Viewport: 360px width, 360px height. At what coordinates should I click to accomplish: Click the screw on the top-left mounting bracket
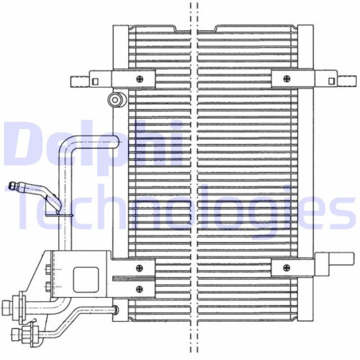140,79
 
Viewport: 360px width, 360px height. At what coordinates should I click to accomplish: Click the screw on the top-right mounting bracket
286,79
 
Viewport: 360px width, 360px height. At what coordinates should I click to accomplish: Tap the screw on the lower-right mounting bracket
286,268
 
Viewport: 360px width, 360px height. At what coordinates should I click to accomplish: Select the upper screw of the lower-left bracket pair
140,268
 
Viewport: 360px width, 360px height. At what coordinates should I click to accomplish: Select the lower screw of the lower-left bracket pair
140,288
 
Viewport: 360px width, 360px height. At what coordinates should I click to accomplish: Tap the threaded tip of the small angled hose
14,186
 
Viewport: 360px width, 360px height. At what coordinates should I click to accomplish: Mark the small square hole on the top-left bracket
95,80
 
